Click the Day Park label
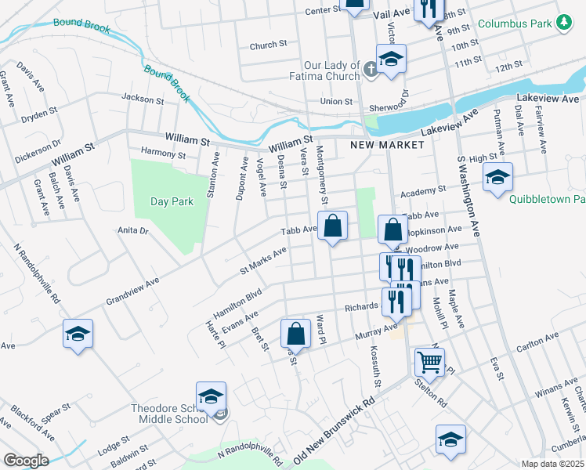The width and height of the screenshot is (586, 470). coord(172,201)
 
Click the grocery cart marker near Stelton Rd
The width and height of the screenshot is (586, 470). coord(429,363)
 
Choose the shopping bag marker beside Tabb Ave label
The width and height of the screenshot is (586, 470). coord(333,226)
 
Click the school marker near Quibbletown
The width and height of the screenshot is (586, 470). coord(497,178)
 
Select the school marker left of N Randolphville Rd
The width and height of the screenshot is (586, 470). coord(78,334)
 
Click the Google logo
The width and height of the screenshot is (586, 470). coord(25,461)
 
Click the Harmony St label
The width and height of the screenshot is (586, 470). coord(163,154)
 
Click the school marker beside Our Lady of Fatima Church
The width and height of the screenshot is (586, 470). coord(391,59)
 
